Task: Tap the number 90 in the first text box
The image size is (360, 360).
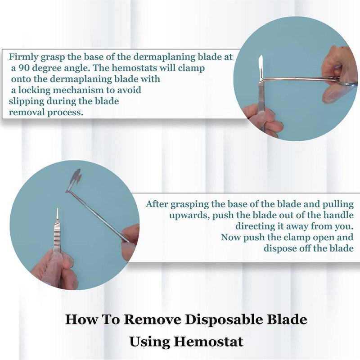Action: click(x=24, y=68)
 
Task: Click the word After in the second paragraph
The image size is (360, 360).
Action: click(x=157, y=204)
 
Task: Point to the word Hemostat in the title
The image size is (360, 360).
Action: click(x=208, y=342)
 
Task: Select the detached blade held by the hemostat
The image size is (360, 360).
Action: click(x=74, y=180)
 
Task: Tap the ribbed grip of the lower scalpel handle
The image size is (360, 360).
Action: click(x=57, y=237)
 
